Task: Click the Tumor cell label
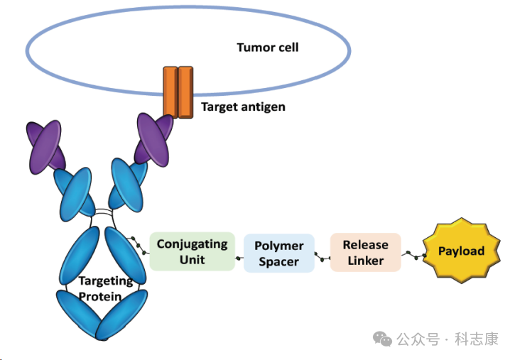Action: click(267, 48)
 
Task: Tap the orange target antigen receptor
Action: click(178, 92)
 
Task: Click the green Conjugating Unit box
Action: click(192, 251)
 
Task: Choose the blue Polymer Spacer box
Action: click(278, 253)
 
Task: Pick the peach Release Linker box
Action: click(365, 252)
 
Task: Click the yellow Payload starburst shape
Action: click(461, 251)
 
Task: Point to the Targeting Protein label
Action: click(105, 289)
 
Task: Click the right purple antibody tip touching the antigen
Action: click(153, 140)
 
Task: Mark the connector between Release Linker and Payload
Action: click(412, 253)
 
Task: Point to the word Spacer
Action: click(278, 262)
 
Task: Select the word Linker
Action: click(366, 261)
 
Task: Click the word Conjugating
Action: click(192, 244)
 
